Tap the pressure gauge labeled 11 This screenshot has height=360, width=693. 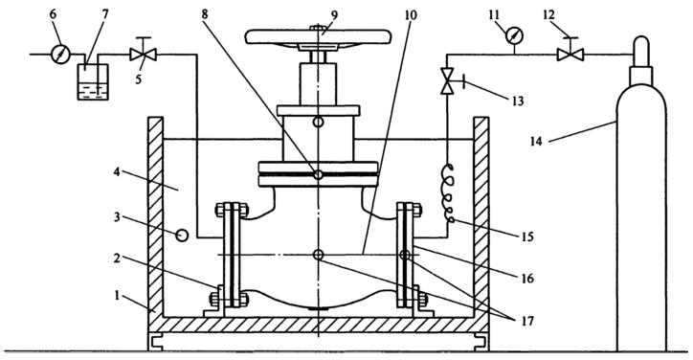(x=513, y=35)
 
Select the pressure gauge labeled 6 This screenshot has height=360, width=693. (x=60, y=55)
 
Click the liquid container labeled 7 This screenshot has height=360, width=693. (x=93, y=81)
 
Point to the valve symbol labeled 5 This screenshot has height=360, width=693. (x=143, y=55)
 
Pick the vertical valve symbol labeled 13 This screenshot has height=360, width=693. (x=447, y=80)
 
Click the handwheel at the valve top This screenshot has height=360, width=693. (x=318, y=37)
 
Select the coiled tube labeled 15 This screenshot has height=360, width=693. (x=449, y=193)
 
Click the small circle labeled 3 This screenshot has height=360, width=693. (x=182, y=236)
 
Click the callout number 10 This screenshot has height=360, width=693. (x=410, y=15)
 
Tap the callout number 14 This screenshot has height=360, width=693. (x=536, y=143)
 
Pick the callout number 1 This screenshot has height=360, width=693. (x=117, y=296)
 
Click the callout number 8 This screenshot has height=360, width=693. (x=205, y=14)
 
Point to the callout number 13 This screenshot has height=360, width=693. (x=516, y=101)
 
